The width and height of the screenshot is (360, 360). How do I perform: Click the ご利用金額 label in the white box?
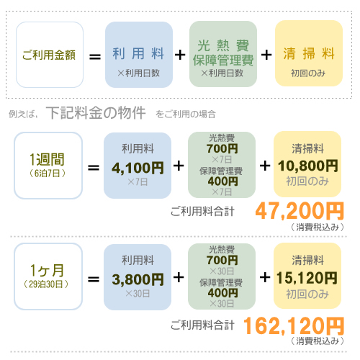[49, 55]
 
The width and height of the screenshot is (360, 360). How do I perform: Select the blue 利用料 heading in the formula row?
[138, 53]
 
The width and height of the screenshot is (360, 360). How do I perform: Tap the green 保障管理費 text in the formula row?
[223, 60]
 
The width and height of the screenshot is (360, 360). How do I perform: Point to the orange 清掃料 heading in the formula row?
[309, 53]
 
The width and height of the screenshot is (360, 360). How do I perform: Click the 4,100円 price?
[138, 168]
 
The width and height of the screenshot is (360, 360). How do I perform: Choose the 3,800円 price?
[138, 279]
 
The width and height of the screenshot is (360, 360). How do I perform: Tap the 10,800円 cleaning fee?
[308, 166]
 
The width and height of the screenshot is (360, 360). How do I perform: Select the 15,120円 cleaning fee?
[307, 278]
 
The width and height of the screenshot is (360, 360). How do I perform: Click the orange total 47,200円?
[300, 211]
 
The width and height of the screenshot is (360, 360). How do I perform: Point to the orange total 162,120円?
[294, 325]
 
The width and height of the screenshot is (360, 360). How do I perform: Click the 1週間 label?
[47, 159]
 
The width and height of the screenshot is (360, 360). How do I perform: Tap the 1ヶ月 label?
[47, 271]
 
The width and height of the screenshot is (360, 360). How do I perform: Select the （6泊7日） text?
[48, 173]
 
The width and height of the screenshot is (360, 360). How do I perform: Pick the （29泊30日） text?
[46, 284]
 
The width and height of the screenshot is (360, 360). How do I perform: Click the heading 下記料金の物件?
[96, 112]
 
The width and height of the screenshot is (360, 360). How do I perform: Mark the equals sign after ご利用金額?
[95, 57]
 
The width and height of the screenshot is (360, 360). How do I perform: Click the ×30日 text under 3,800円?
[138, 293]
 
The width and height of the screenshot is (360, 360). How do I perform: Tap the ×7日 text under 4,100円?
[138, 182]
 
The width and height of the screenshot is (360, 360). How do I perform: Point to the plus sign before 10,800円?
[265, 166]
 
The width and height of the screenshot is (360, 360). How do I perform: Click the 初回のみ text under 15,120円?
[307, 294]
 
